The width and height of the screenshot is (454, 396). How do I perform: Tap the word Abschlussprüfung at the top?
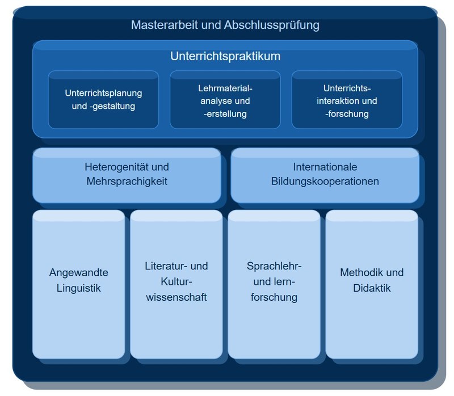tap(272, 25)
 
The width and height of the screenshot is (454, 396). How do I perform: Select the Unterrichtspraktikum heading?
tap(225, 57)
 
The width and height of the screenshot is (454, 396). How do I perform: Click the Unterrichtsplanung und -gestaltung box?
tap(103, 99)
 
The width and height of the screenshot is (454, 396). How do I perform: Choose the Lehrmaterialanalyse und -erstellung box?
tap(225, 101)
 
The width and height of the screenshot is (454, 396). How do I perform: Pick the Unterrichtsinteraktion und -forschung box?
tap(347, 101)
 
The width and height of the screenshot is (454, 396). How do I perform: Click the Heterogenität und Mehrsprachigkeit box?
tap(127, 175)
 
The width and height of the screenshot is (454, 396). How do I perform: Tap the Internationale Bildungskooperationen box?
tap(325, 175)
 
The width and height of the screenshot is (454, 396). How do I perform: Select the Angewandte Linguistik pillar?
tap(78, 284)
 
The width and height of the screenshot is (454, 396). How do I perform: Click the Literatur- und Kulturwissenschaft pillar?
tap(176, 284)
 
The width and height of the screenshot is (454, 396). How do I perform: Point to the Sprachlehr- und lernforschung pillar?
tap(274, 284)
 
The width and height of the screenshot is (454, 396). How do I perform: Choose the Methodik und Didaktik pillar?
tap(372, 284)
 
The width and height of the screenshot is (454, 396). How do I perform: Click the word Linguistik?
tap(78, 288)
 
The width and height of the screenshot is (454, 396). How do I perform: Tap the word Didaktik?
tap(372, 288)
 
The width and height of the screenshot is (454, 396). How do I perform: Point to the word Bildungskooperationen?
tap(325, 182)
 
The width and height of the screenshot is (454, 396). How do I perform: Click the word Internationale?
tap(325, 167)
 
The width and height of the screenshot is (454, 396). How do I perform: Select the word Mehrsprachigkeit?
tap(127, 182)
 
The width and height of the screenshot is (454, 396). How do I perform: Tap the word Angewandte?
tap(78, 272)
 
